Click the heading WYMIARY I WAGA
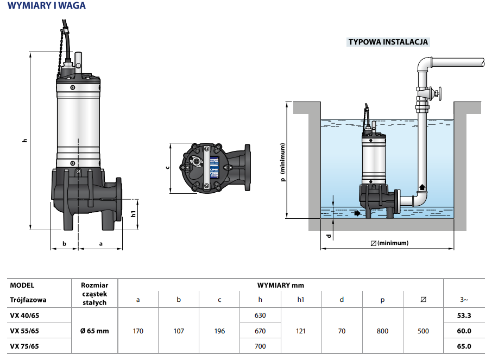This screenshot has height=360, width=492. click(x=46, y=6)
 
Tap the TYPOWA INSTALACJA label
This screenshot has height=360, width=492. click(x=388, y=42)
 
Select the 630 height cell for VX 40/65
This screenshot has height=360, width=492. click(x=260, y=315)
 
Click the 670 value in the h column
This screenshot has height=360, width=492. click(x=260, y=331)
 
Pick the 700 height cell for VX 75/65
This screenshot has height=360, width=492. click(x=260, y=346)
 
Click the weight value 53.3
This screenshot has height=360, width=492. click(x=464, y=315)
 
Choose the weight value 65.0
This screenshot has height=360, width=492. click(x=464, y=346)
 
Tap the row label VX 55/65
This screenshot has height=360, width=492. click(x=24, y=331)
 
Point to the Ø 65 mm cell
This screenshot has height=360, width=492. click(x=94, y=331)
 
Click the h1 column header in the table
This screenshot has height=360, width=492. click(x=301, y=299)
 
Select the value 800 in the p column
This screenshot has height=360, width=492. click(x=383, y=331)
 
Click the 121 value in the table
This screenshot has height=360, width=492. click(x=301, y=331)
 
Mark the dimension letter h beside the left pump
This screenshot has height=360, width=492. click(x=24, y=141)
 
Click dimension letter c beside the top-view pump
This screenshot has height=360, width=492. click(x=166, y=167)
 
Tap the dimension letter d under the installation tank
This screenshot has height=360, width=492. click(x=328, y=236)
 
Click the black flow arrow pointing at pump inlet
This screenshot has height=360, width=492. click(x=356, y=213)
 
